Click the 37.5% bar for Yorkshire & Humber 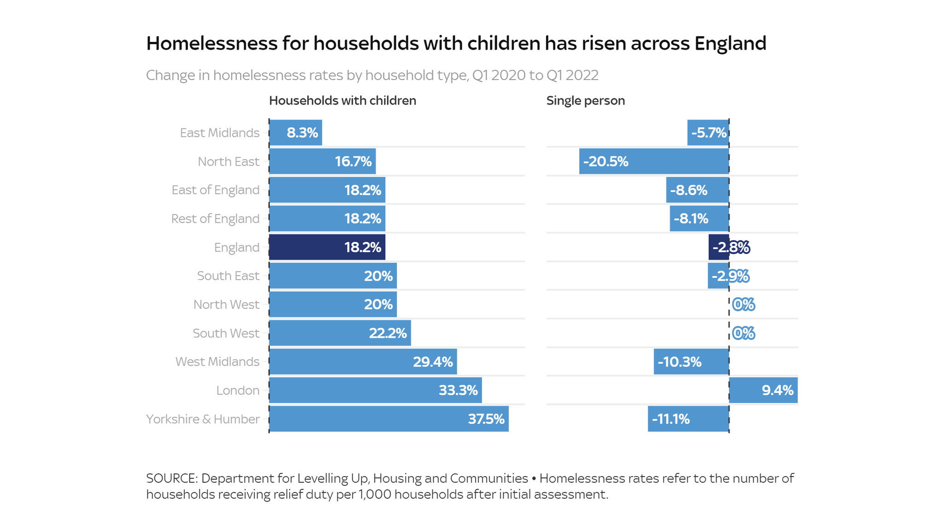[389, 419]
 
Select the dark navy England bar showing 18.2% [327, 247]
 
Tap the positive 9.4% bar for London [763, 390]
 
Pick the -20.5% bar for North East [654, 161]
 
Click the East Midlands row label [220, 133]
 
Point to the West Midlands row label [217, 362]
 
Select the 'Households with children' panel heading [342, 101]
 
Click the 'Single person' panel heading [585, 101]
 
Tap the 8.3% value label [302, 133]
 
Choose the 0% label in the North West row [743, 305]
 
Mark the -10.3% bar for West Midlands [691, 362]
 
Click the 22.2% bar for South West [340, 333]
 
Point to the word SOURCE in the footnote [172, 478]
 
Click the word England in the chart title [730, 43]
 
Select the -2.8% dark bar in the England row [718, 247]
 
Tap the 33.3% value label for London [458, 390]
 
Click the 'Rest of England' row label [215, 219]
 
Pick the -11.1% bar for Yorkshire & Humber [688, 419]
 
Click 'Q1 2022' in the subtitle [572, 75]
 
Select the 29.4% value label [432, 362]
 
